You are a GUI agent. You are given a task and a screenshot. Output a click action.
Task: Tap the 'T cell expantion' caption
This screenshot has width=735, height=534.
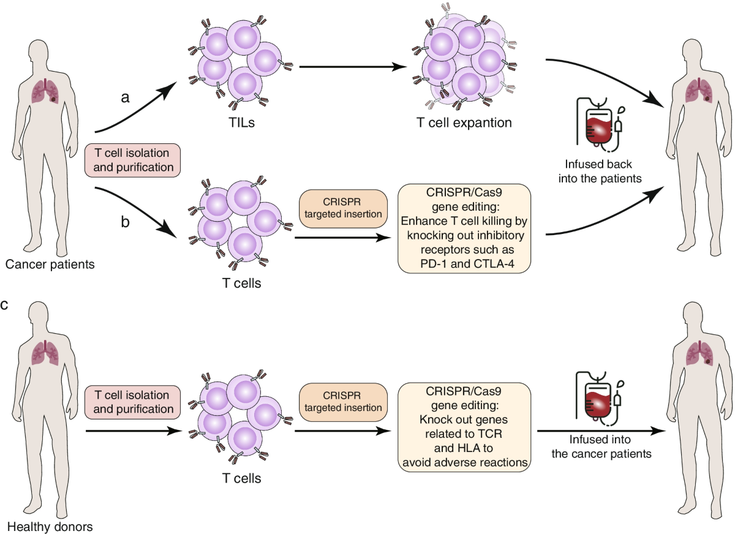(x=464, y=122)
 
